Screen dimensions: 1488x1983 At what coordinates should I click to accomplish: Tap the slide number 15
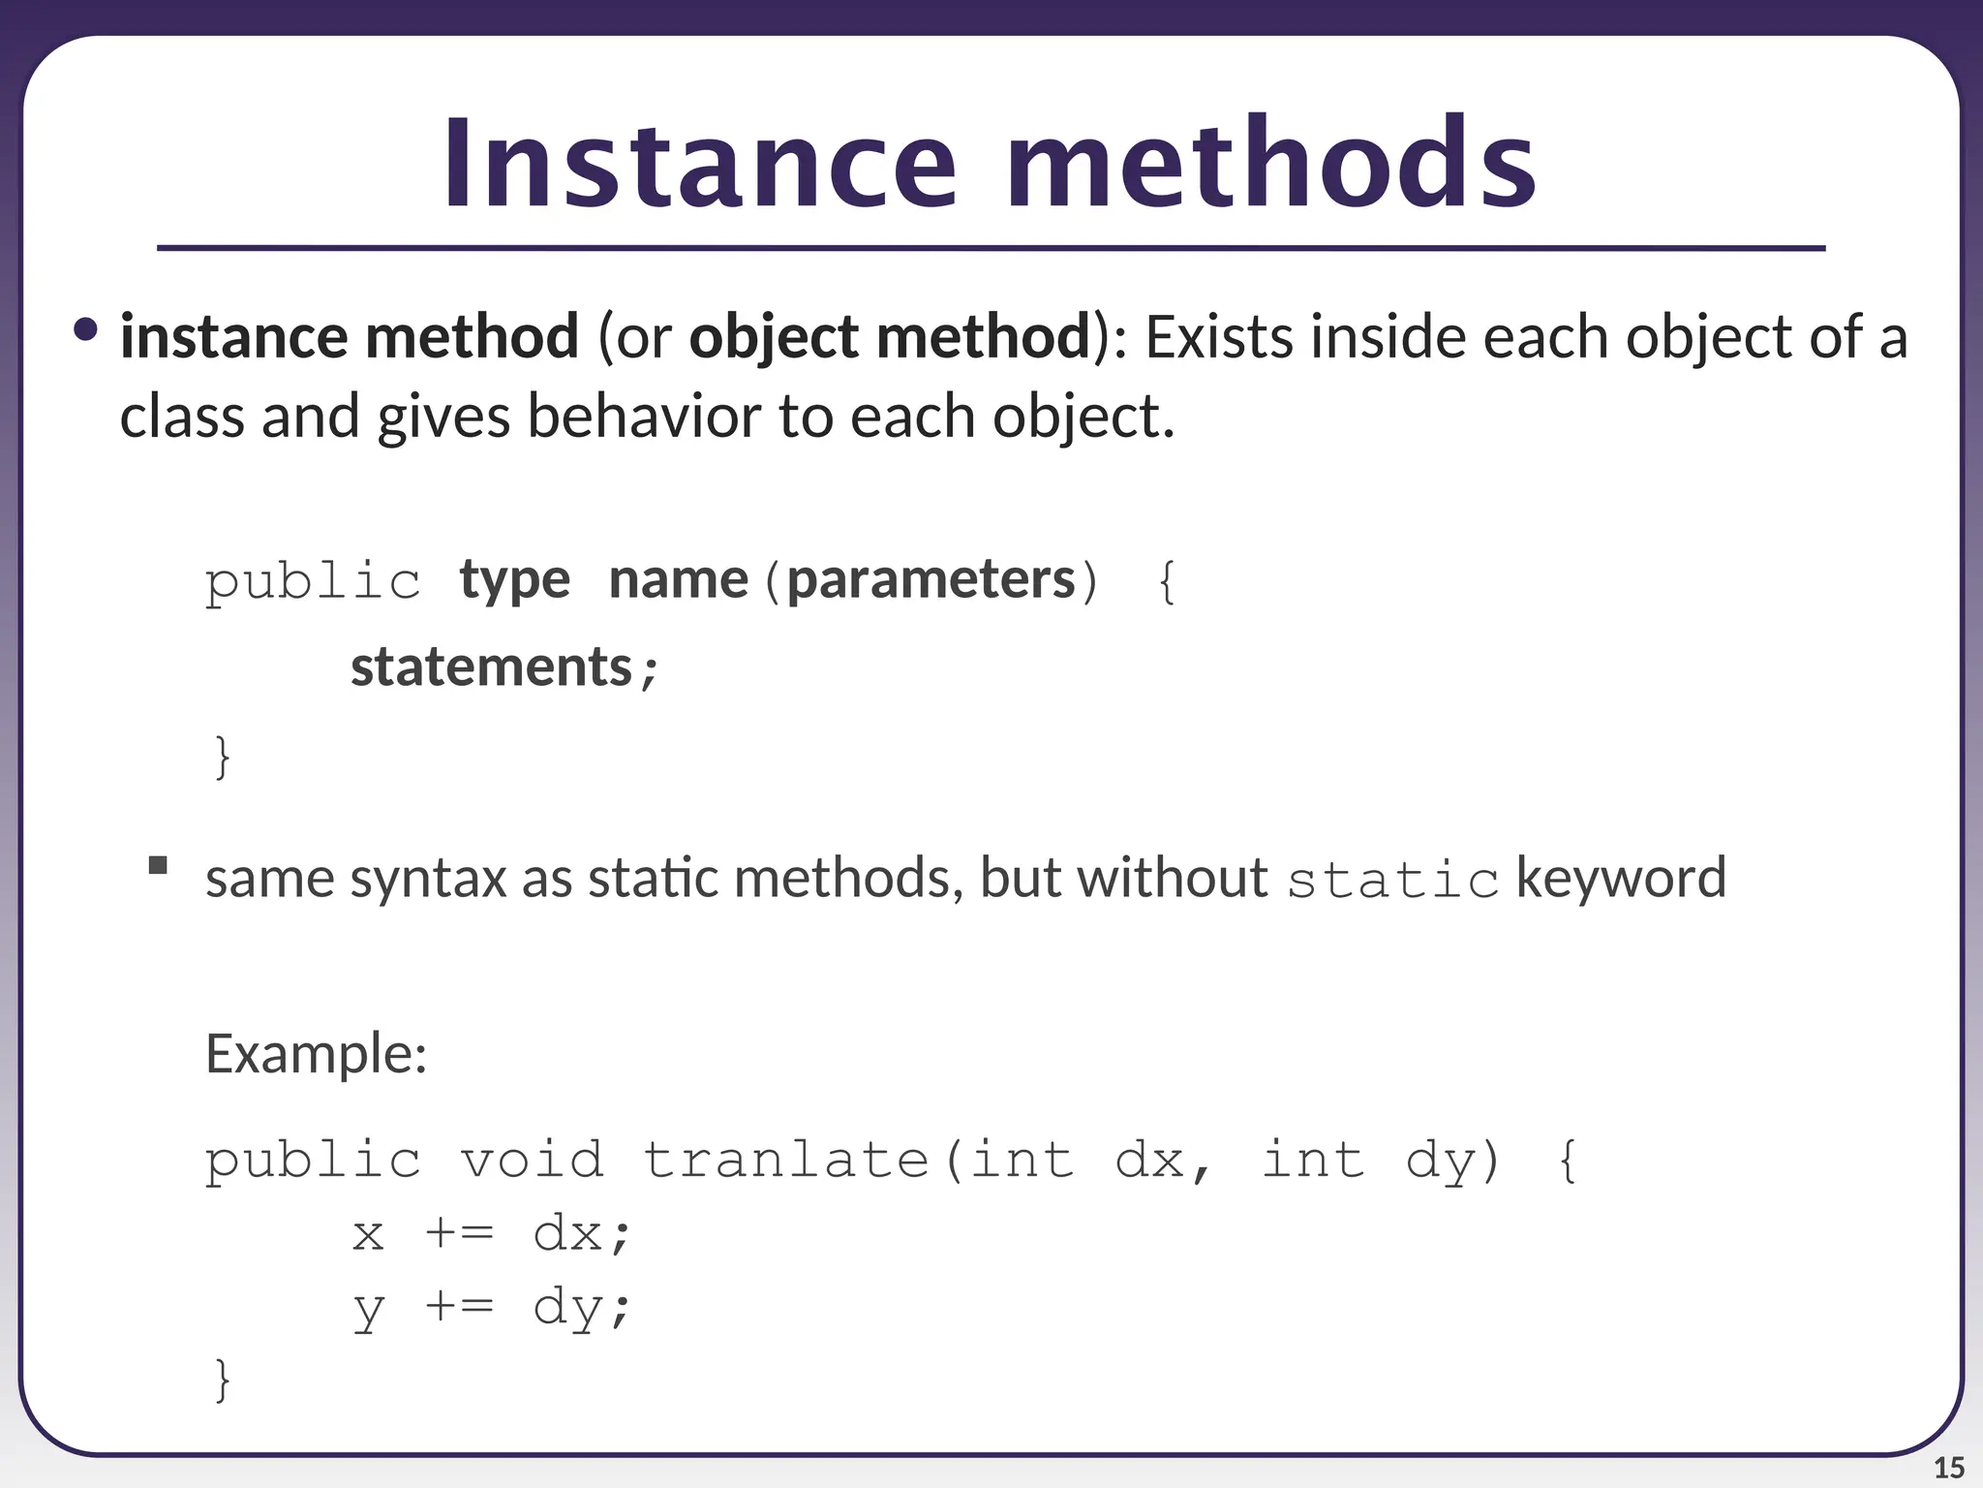pyautogui.click(x=1948, y=1468)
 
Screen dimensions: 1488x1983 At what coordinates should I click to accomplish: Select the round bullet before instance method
pyautogui.click(x=85, y=330)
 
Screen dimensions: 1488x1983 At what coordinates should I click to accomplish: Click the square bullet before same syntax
pyautogui.click(x=158, y=865)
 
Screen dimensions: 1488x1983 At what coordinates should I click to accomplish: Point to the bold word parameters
pyautogui.click(x=930, y=580)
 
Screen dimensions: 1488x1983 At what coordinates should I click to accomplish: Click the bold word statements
pyautogui.click(x=491, y=667)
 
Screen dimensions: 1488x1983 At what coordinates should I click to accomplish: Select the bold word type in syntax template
pyautogui.click(x=514, y=580)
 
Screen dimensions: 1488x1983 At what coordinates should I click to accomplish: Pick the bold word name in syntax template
pyautogui.click(x=678, y=580)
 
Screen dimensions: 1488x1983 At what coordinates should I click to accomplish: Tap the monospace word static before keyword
pyautogui.click(x=1391, y=880)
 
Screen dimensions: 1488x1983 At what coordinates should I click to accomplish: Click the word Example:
pyautogui.click(x=316, y=1054)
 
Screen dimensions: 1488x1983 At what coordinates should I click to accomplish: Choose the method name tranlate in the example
pyautogui.click(x=785, y=1160)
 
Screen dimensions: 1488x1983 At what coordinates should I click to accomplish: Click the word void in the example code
pyautogui.click(x=531, y=1160)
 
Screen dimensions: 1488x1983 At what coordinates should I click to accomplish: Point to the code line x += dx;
pyautogui.click(x=491, y=1234)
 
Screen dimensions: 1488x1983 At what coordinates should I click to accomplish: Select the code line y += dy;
pyautogui.click(x=491, y=1308)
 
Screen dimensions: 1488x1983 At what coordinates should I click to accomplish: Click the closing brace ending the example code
pyautogui.click(x=222, y=1379)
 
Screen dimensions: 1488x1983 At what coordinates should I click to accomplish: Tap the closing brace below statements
pyautogui.click(x=222, y=756)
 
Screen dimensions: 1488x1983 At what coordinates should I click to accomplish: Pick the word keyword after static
pyautogui.click(x=1620, y=878)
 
